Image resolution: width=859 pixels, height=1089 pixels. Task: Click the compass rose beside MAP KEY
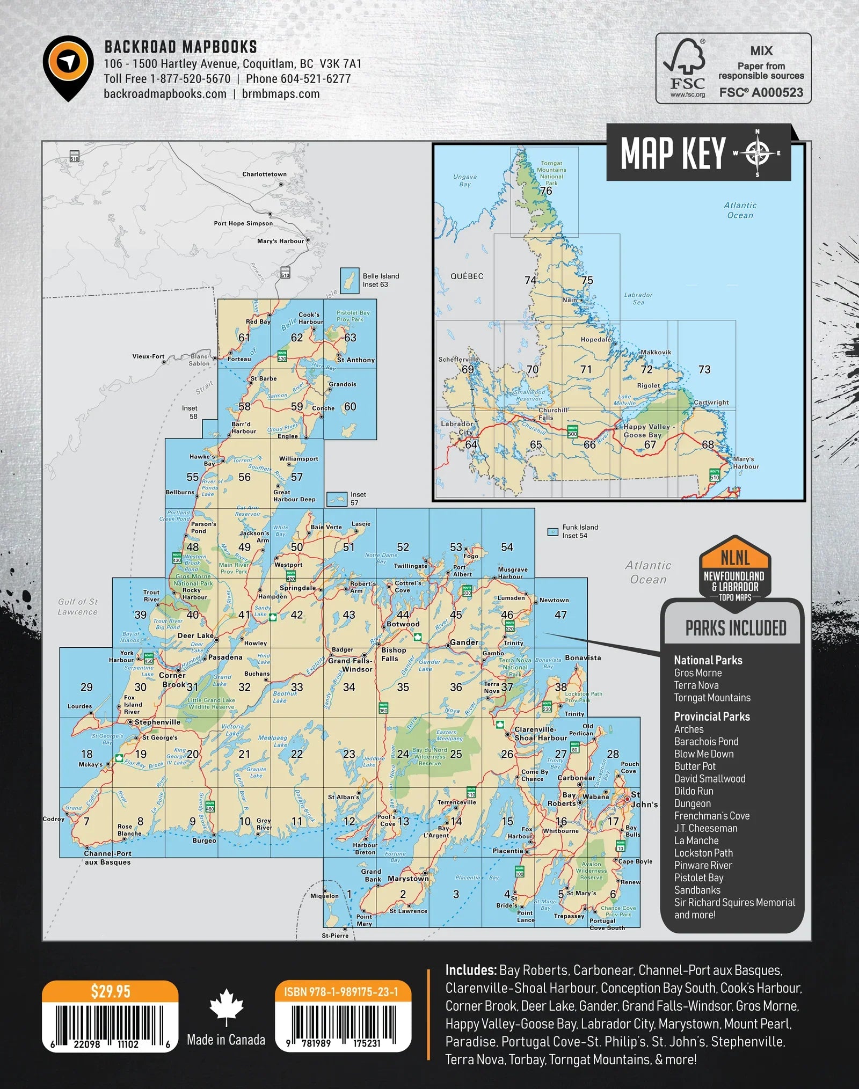(757, 153)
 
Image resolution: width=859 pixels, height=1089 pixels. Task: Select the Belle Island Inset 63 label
(381, 280)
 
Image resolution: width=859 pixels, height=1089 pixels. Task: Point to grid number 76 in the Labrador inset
(546, 191)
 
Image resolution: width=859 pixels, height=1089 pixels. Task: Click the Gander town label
(464, 642)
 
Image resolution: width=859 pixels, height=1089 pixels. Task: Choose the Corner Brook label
(173, 679)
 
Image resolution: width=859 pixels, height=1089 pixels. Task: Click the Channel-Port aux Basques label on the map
(107, 857)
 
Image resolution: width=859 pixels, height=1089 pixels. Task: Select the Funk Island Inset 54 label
(580, 531)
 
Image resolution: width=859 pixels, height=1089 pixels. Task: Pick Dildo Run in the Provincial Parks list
(694, 791)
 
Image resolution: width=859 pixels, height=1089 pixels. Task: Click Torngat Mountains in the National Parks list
(712, 698)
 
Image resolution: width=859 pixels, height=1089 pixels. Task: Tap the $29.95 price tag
(110, 991)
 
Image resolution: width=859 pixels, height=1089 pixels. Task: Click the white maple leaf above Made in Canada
(226, 1007)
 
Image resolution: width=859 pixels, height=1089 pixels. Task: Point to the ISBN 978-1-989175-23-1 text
(341, 992)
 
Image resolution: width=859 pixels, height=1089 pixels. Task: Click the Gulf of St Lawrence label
(78, 606)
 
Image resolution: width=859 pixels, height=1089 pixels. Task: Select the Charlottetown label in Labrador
(264, 174)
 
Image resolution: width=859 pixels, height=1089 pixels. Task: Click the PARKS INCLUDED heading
(736, 628)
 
